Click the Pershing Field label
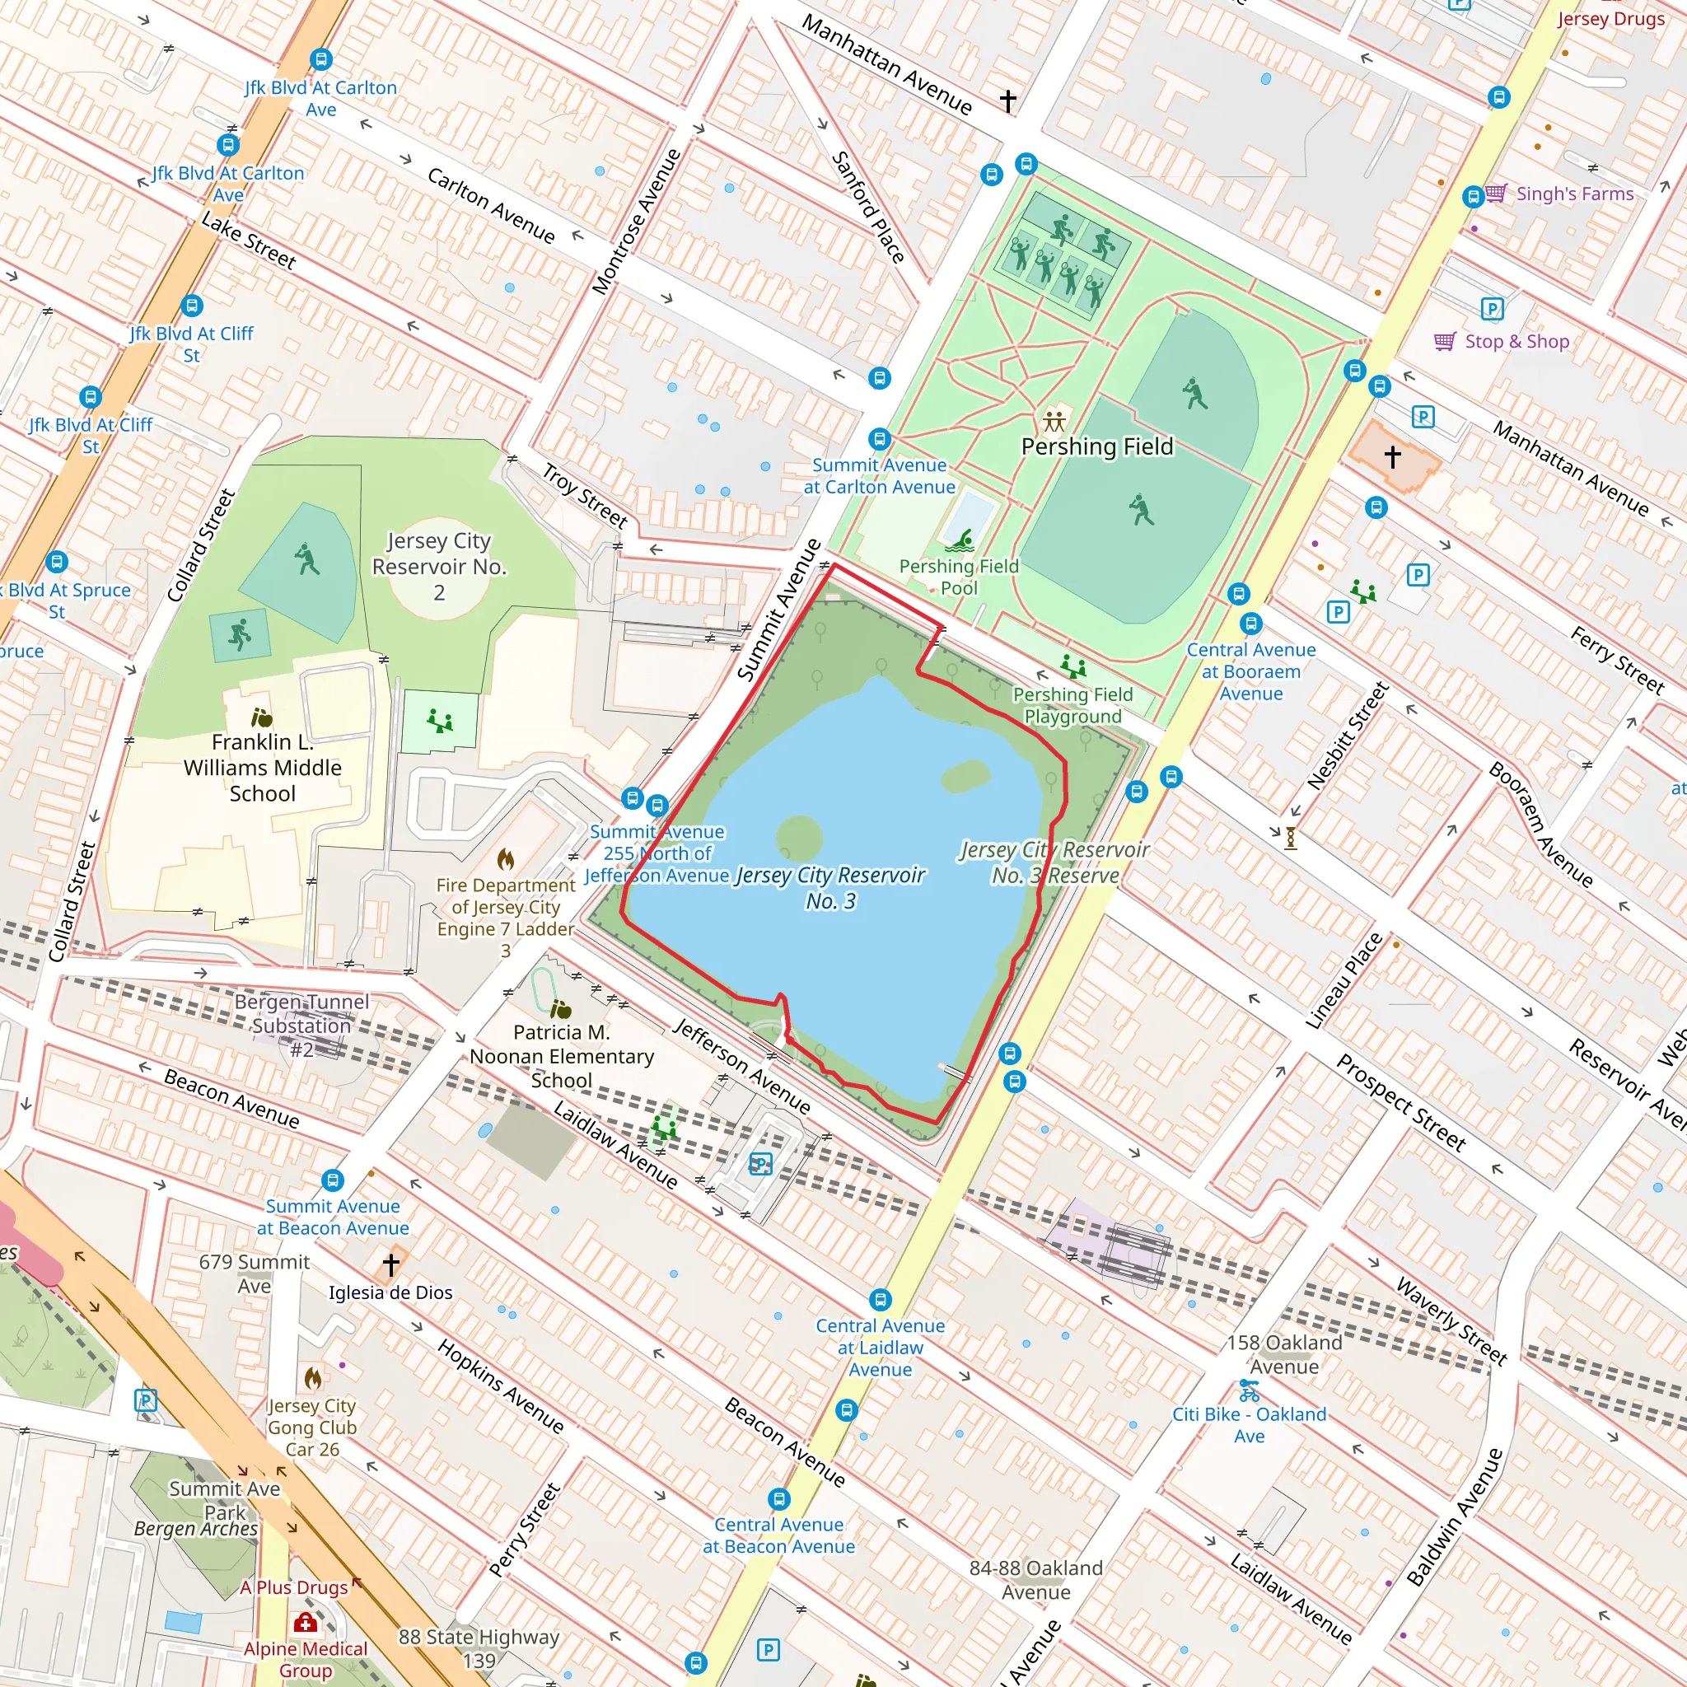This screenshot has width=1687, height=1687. pos(1096,446)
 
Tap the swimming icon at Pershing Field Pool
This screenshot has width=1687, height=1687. pos(961,541)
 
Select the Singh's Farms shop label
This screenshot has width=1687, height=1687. pos(1573,194)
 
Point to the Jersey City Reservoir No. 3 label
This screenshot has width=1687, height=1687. pos(829,887)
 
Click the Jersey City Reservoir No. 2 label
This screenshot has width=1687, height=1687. pos(438,566)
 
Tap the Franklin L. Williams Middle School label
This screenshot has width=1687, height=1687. pos(262,768)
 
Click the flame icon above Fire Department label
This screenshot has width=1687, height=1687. pos(506,859)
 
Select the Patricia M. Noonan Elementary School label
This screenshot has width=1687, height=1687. pos(562,1056)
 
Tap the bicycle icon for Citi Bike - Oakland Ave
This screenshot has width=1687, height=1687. pos(1249,1390)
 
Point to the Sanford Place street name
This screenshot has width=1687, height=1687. pos(867,207)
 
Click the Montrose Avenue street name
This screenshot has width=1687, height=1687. pos(636,222)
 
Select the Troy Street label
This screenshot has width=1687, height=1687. pos(584,496)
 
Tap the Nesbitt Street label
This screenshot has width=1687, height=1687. pos(1348,736)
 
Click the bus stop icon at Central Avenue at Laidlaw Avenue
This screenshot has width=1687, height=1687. pos(881,1299)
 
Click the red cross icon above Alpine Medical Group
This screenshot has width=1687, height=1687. pos(305,1623)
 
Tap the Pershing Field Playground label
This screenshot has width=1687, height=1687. pos(1072,706)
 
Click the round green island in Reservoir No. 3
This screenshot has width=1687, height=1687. pos(799,839)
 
